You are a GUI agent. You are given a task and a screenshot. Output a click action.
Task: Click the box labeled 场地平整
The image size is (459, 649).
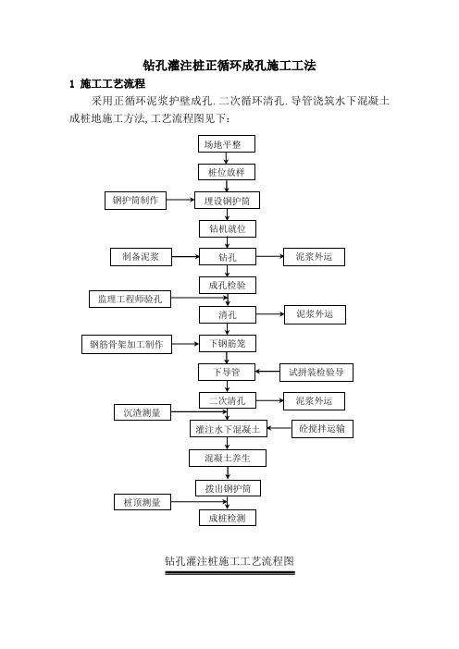[x=226, y=144]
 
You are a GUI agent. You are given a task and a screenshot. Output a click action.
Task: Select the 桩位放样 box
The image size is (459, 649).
[x=226, y=172]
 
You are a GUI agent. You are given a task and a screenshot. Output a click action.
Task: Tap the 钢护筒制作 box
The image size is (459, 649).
[x=135, y=201]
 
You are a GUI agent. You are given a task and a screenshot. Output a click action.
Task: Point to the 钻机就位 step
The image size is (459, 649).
[x=227, y=229]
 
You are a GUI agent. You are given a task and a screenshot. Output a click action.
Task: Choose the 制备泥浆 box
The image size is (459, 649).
[x=141, y=257]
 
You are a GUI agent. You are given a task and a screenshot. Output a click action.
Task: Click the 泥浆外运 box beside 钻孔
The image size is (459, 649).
[x=314, y=257]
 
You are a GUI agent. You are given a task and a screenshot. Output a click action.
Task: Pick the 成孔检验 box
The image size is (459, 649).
[x=227, y=285]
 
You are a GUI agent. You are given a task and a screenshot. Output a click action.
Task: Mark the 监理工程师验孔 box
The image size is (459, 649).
[x=130, y=299]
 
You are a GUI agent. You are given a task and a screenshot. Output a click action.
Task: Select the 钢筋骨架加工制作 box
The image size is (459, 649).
[x=127, y=344]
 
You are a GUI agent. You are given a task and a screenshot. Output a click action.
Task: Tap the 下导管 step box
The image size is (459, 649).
[x=226, y=372]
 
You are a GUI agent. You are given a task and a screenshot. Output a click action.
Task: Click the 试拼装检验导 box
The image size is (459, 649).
[x=316, y=372]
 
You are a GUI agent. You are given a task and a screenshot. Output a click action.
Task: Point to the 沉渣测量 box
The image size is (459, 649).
[x=143, y=412]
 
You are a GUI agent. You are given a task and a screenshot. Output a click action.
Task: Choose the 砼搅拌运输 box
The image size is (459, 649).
[x=322, y=428]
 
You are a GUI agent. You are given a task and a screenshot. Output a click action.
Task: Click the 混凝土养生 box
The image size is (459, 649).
[x=228, y=458]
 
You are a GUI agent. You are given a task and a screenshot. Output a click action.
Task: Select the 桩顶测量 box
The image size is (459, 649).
[x=143, y=502]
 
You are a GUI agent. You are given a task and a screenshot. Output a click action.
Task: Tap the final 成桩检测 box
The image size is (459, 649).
[x=227, y=518]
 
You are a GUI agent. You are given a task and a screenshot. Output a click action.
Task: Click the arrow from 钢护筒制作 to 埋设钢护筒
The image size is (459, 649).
[x=180, y=200]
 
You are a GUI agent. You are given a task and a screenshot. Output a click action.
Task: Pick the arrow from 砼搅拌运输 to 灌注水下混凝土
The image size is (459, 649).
[x=279, y=428]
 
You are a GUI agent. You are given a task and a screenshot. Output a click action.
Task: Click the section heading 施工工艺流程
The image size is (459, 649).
[x=112, y=83]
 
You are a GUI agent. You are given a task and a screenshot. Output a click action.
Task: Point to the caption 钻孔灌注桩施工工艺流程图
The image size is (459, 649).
[x=229, y=561]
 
